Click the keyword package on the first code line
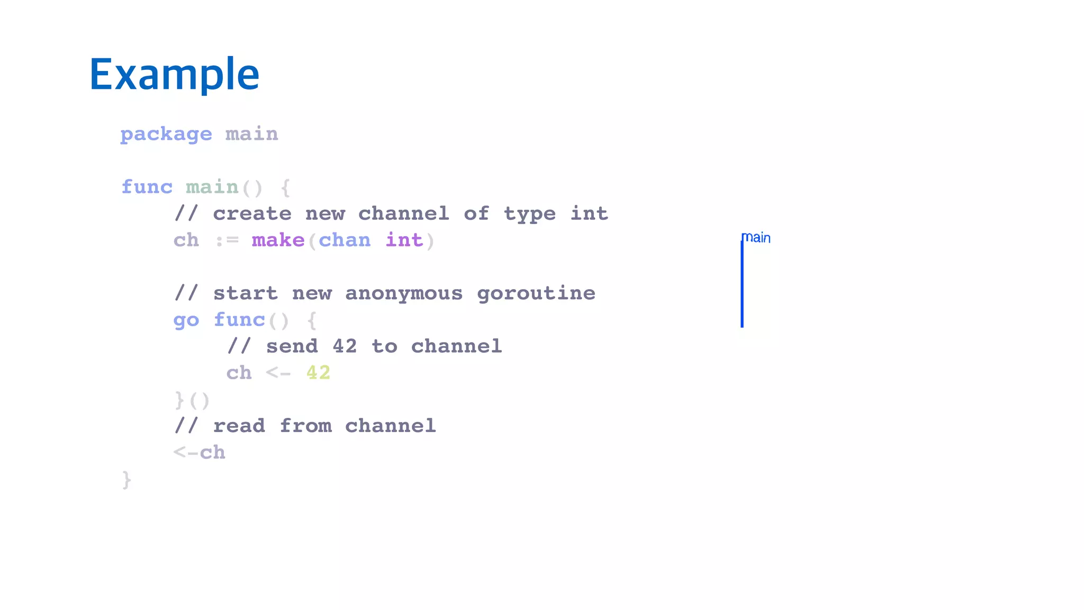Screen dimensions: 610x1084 click(166, 134)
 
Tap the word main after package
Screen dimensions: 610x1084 click(251, 134)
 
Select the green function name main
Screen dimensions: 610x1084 click(212, 187)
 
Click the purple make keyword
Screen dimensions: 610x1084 click(278, 240)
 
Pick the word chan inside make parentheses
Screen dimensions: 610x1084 click(345, 240)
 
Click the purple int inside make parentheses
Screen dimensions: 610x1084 click(404, 240)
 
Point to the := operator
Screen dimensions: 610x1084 click(227, 241)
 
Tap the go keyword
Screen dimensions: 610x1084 click(186, 320)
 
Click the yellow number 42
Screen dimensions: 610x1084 click(318, 373)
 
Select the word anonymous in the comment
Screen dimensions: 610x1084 click(404, 293)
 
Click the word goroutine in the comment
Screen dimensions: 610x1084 click(536, 293)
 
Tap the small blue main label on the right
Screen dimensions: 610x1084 click(757, 238)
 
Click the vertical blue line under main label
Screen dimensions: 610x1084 click(742, 286)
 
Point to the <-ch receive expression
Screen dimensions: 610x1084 click(200, 453)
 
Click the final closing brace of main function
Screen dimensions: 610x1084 click(127, 480)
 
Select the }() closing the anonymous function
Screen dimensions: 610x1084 click(192, 400)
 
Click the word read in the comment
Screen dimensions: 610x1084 click(239, 426)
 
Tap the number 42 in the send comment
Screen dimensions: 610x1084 click(345, 346)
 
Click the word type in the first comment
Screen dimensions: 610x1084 click(530, 214)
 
